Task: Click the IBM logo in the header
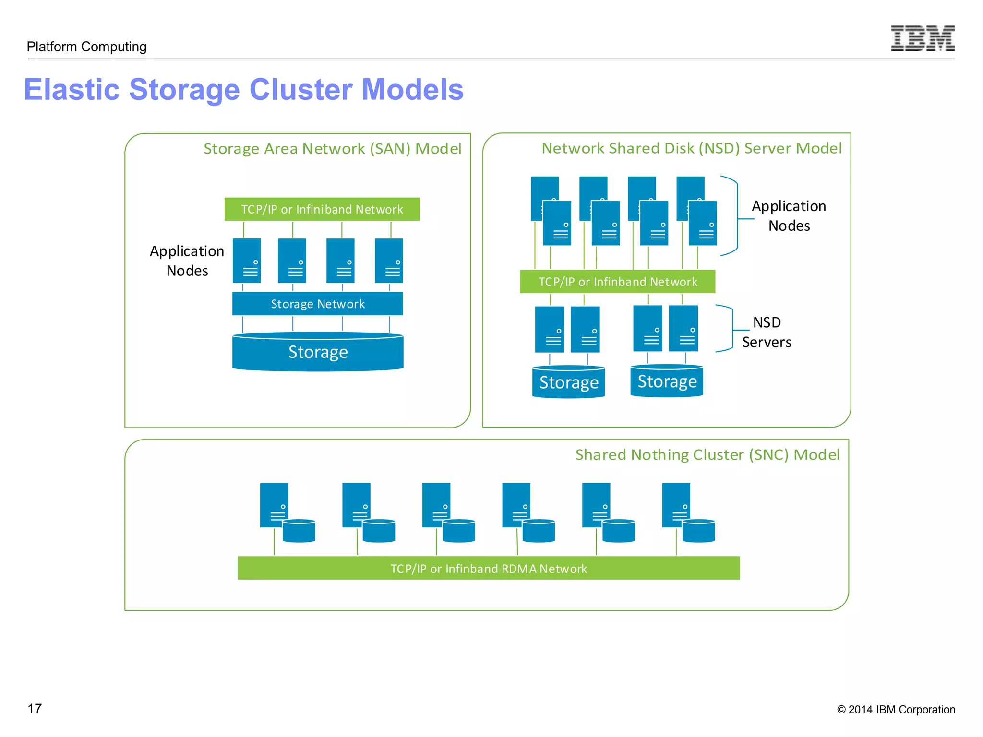coord(922,38)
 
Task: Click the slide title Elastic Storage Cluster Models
coord(244,90)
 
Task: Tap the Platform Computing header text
coord(86,47)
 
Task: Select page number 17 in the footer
coord(35,709)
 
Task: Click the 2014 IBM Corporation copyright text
coord(896,710)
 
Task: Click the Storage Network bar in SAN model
coord(317,304)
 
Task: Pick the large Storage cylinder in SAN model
coord(317,352)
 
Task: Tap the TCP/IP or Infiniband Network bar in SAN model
coord(322,209)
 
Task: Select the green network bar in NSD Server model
coord(617,282)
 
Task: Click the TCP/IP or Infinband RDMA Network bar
coord(488,569)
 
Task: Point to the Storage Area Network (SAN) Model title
coord(332,149)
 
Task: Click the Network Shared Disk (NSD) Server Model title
coord(691,148)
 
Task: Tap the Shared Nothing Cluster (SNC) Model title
coord(707,454)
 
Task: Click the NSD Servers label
coord(767,332)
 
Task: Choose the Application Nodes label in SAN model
coord(187,261)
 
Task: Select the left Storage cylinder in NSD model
coord(568,382)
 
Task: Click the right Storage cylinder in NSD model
coord(667,381)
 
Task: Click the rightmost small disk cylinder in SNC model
coord(698,531)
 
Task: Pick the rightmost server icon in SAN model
coord(389,261)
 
